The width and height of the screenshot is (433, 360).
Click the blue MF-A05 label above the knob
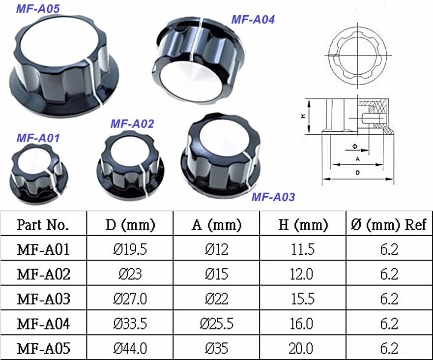coord(38,8)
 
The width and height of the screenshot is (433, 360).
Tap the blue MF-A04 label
coord(253,20)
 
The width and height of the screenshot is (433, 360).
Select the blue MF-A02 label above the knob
coord(132,124)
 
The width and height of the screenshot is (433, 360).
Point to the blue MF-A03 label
coord(273,197)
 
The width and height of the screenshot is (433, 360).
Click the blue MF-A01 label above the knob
coord(38,138)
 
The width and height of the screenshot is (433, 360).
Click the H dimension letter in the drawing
coord(303,117)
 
